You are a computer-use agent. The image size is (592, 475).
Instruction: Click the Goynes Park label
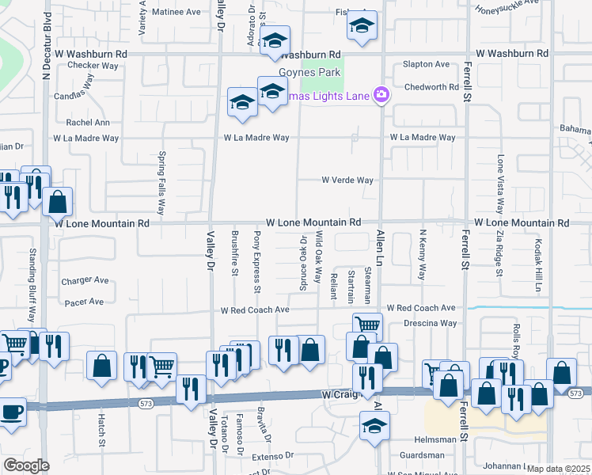coord(314,73)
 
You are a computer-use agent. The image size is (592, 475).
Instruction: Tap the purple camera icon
coord(381,95)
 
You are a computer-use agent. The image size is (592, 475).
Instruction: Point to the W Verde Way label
coord(347,180)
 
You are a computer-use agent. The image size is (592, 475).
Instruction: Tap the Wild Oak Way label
coord(318,257)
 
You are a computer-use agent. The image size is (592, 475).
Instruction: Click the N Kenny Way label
coord(423,256)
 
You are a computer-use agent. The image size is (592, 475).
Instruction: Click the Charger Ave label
coord(85,280)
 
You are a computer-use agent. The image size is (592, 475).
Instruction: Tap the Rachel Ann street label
coord(88,123)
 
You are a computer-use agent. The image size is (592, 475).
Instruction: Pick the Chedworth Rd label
coord(431,87)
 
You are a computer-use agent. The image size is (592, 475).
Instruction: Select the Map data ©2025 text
coord(558,469)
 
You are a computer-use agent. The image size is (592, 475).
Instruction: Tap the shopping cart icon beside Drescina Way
coord(367,325)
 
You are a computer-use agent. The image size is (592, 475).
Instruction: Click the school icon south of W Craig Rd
coord(374,426)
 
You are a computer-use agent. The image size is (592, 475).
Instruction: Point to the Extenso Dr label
coord(273,457)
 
